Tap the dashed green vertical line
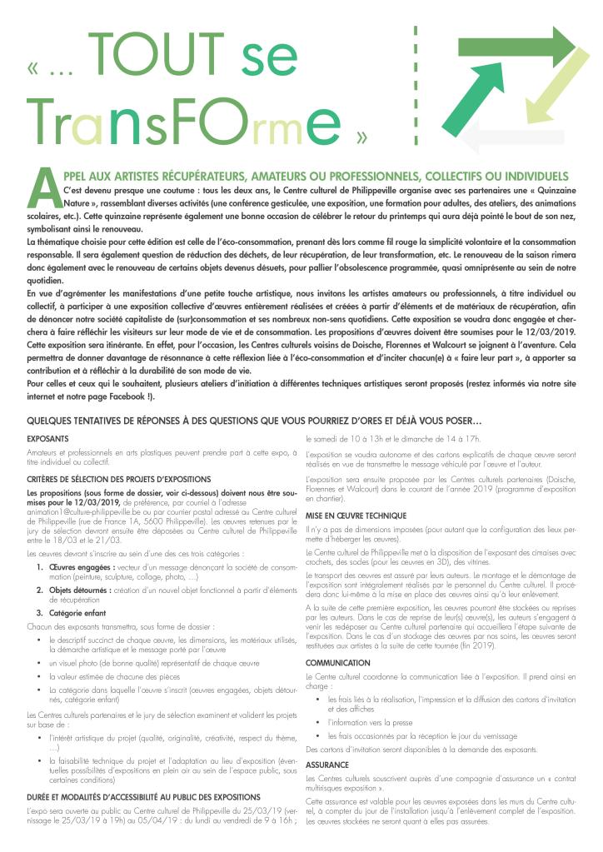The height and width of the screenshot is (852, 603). [415, 83]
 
